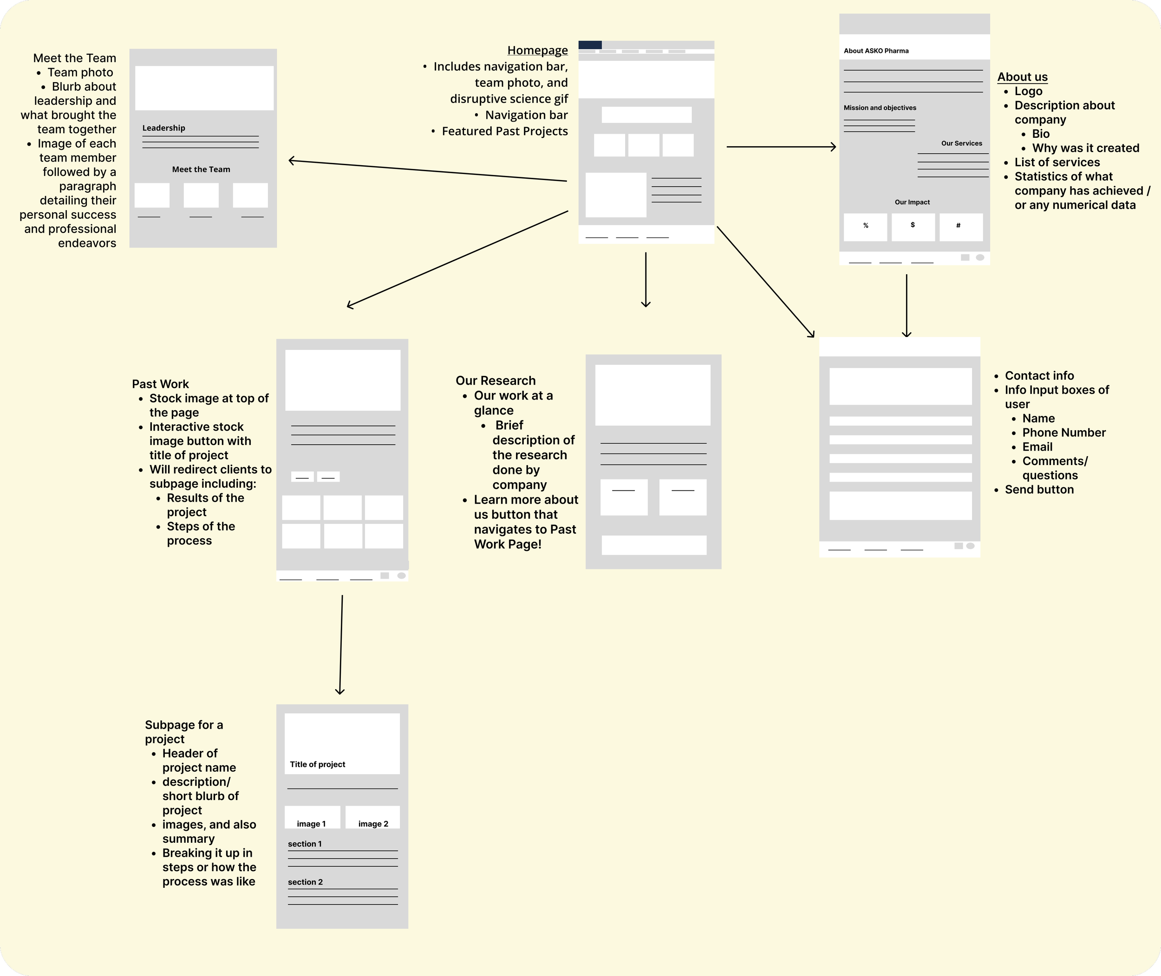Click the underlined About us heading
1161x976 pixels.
point(1022,77)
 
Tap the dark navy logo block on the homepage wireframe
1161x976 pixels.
point(590,45)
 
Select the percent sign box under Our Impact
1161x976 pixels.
point(865,227)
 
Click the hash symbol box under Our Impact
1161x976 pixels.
point(960,227)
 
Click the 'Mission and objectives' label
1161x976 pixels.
point(880,108)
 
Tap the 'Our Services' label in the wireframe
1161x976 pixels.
point(961,143)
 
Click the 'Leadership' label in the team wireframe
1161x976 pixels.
point(163,128)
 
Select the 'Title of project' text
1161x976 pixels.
point(317,764)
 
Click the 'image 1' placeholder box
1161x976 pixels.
point(312,817)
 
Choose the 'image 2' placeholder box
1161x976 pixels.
point(372,817)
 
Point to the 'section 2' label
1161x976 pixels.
point(305,882)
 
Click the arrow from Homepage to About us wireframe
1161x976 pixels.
point(781,147)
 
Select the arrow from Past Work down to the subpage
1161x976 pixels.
point(341,645)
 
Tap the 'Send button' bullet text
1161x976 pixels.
point(1039,490)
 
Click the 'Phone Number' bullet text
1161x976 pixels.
point(1063,433)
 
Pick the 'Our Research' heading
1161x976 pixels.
point(496,381)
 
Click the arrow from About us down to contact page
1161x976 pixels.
point(907,305)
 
